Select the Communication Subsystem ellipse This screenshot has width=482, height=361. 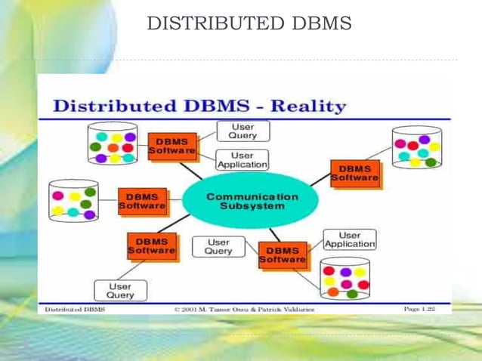coord(252,201)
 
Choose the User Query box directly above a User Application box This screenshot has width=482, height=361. coord(243,131)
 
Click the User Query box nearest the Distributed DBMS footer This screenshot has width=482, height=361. coord(119,291)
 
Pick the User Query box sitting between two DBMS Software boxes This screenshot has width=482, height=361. coord(218,246)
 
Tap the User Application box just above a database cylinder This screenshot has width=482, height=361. coord(349,239)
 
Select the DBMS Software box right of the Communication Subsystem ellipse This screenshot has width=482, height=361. coord(354,173)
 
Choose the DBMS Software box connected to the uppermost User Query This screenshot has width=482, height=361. coord(172,146)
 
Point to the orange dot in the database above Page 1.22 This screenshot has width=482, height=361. coord(332,292)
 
